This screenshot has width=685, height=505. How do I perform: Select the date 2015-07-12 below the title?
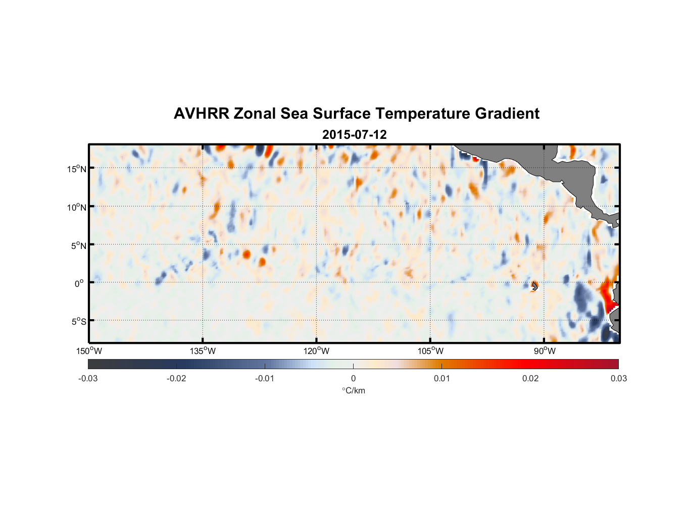tap(354, 135)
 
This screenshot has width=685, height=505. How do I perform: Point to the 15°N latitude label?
tap(77, 169)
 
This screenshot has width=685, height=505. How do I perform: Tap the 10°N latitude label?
tap(77, 207)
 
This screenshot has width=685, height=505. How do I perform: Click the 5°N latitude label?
tap(78, 245)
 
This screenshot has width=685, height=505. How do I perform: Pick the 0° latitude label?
tap(79, 283)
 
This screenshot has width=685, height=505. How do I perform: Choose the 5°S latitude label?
tap(78, 322)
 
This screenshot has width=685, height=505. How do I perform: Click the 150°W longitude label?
tap(89, 351)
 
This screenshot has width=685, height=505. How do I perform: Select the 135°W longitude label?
tap(203, 351)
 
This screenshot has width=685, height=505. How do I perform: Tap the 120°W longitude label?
tap(316, 351)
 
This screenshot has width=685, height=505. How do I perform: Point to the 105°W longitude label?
tap(430, 351)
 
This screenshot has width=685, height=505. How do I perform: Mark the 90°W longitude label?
tap(544, 351)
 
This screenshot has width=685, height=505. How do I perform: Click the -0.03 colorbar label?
tap(88, 378)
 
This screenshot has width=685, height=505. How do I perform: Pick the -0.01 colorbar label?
tap(265, 378)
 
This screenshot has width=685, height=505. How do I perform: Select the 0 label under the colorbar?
tap(353, 378)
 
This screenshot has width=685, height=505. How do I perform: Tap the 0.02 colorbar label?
tap(530, 378)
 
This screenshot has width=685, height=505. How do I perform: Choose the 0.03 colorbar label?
tap(618, 378)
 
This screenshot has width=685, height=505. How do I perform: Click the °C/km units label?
tap(353, 390)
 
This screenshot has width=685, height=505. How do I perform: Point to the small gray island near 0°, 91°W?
tap(535, 286)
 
